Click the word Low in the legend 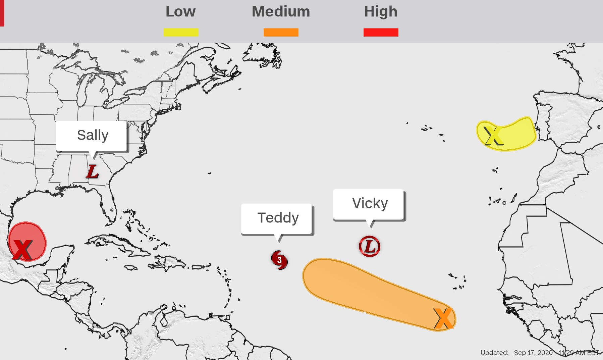click(x=180, y=12)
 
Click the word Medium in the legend click(x=281, y=12)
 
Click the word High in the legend click(x=381, y=12)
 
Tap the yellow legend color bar click(x=181, y=32)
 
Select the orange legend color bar click(x=281, y=32)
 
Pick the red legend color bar click(x=381, y=32)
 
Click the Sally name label click(x=93, y=135)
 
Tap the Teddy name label click(x=278, y=218)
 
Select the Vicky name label click(x=370, y=204)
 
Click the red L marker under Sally click(x=92, y=172)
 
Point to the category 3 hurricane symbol click(x=279, y=260)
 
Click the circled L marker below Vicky click(x=369, y=246)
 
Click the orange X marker click(x=443, y=318)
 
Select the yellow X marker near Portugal click(x=493, y=136)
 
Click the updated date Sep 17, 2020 click(x=533, y=353)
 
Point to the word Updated click(x=494, y=353)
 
